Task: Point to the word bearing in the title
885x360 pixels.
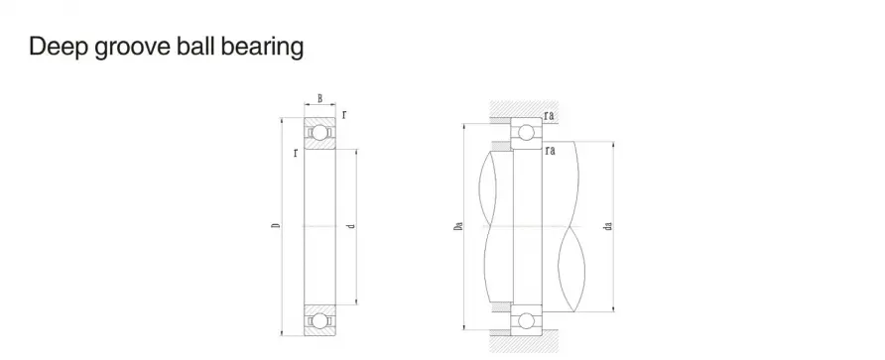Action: [x=262, y=48]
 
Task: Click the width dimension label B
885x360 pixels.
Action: [x=320, y=98]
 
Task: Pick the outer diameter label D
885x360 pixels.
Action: [x=276, y=226]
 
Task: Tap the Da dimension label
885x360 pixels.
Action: [x=458, y=226]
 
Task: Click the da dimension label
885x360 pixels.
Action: [x=608, y=226]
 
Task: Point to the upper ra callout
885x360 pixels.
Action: [x=550, y=116]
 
